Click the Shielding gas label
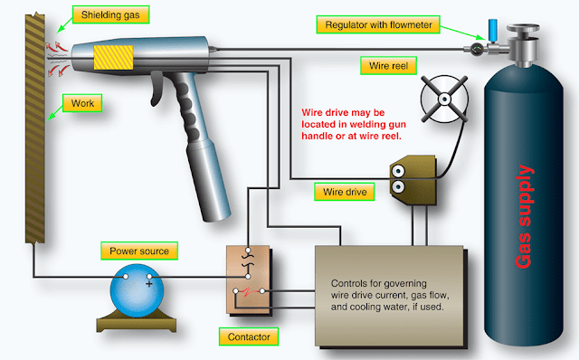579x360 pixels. coord(110,14)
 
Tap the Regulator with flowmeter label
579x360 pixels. coord(378,24)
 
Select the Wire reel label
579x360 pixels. coord(388,66)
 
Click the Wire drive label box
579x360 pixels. coord(345,192)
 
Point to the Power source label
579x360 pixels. coord(139,251)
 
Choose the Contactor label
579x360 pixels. coord(249,336)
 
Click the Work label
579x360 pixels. coord(82,103)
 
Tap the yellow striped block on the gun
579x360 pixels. coord(113,57)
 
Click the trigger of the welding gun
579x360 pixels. coord(157,89)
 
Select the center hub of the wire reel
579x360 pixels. coord(444,99)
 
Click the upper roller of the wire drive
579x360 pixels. coord(398,171)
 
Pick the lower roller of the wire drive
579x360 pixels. coord(398,187)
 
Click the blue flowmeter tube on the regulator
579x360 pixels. coord(492,30)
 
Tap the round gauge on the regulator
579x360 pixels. coord(477,49)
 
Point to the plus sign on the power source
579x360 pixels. coord(148,284)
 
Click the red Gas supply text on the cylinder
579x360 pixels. coord(525,216)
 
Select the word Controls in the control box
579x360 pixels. coord(347,284)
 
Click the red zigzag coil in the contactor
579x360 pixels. coord(249,291)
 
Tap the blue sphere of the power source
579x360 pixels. coord(137,290)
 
